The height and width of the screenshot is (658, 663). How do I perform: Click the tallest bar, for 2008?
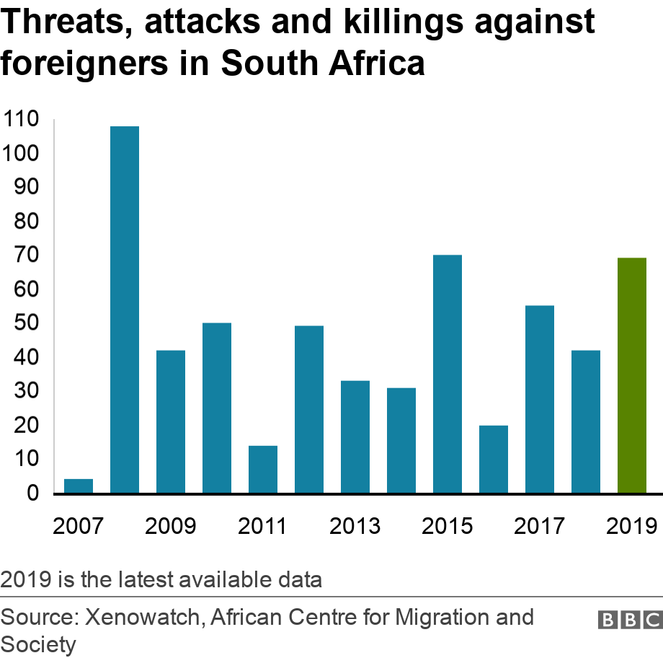point(125,310)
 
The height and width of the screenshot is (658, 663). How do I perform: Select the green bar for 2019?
point(632,375)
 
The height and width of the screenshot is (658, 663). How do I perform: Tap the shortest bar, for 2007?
point(79,486)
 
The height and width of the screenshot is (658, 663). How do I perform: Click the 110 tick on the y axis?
point(22,119)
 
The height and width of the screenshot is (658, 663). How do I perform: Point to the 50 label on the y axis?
point(27,323)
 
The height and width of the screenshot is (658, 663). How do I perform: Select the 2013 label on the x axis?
point(355,525)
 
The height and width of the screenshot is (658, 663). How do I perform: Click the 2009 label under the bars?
point(170,525)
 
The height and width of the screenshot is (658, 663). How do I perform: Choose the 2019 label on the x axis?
point(631,525)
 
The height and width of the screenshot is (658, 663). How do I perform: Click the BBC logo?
point(629,620)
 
